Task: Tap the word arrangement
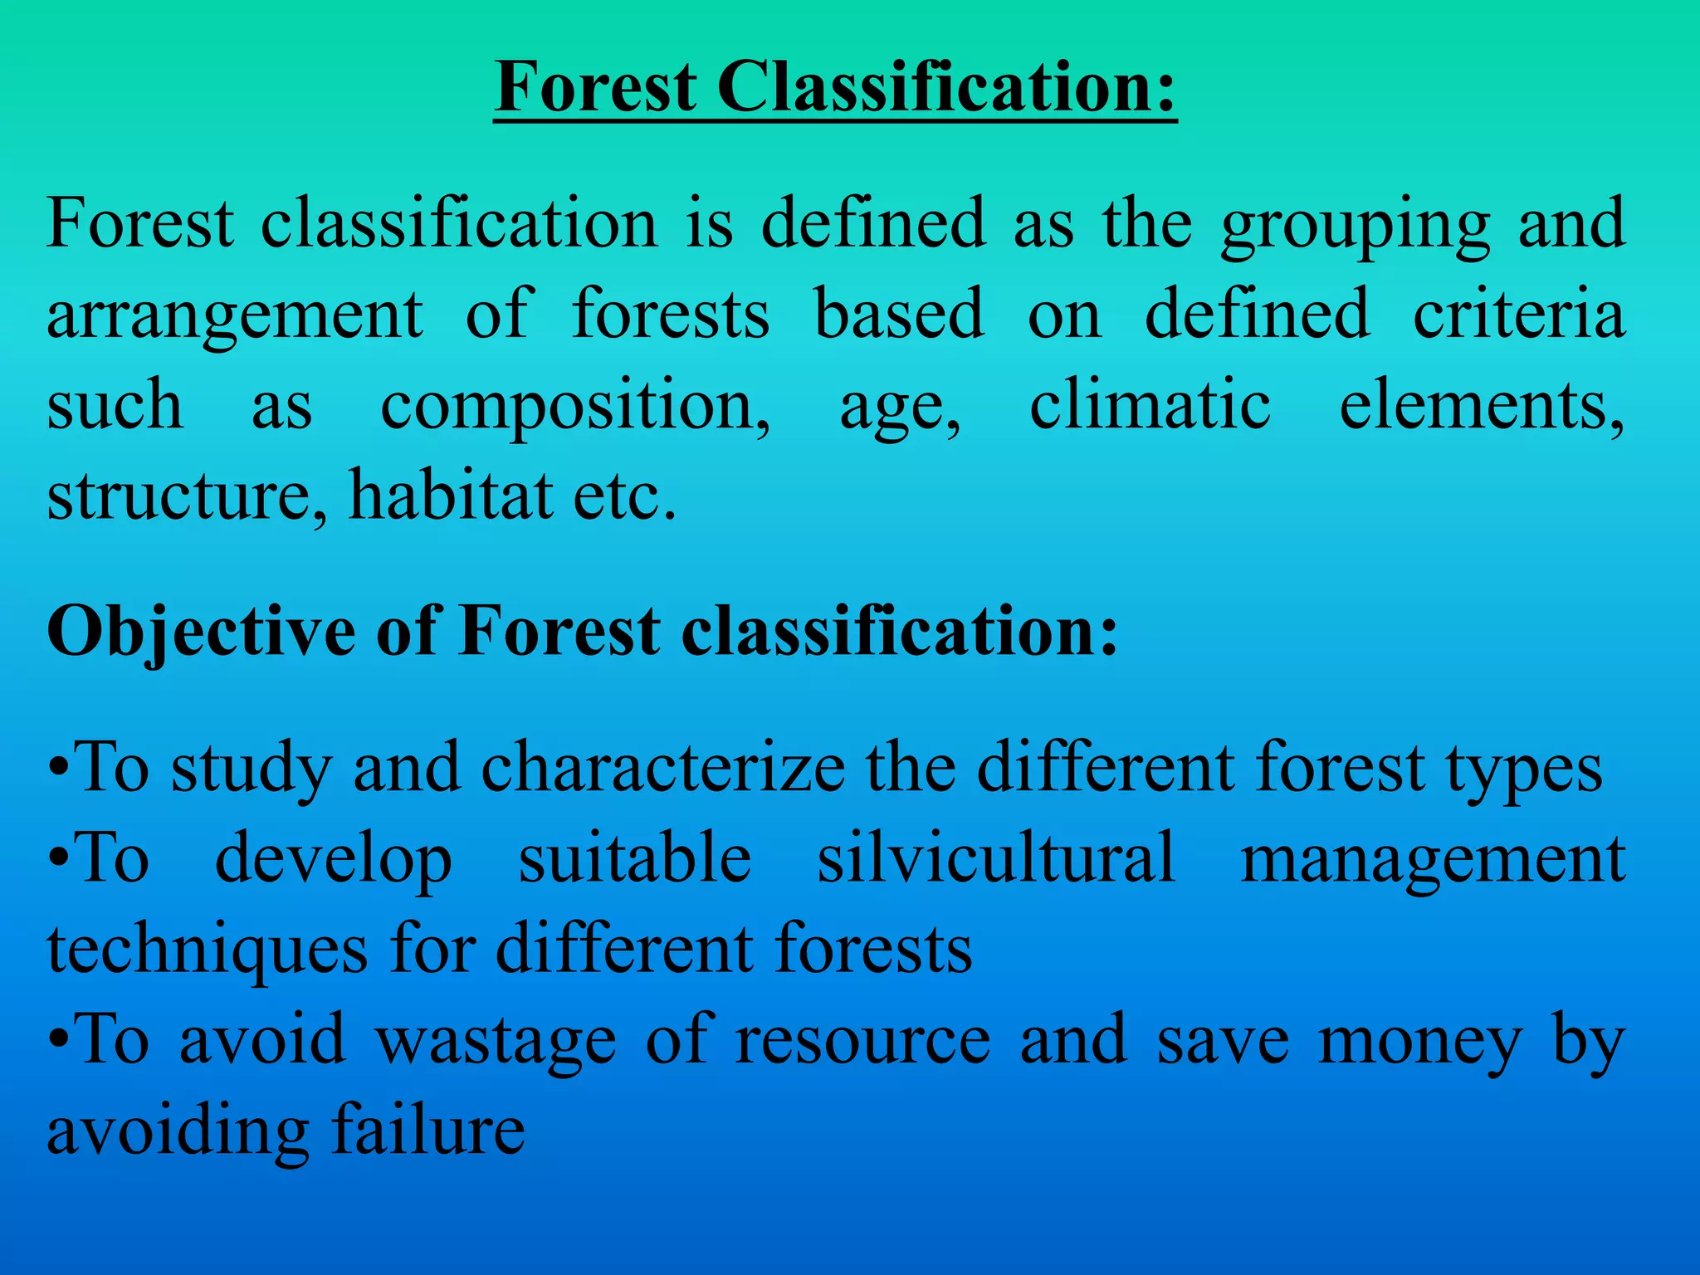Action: click(235, 316)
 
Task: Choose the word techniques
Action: click(208, 950)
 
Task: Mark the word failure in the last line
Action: click(428, 1131)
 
